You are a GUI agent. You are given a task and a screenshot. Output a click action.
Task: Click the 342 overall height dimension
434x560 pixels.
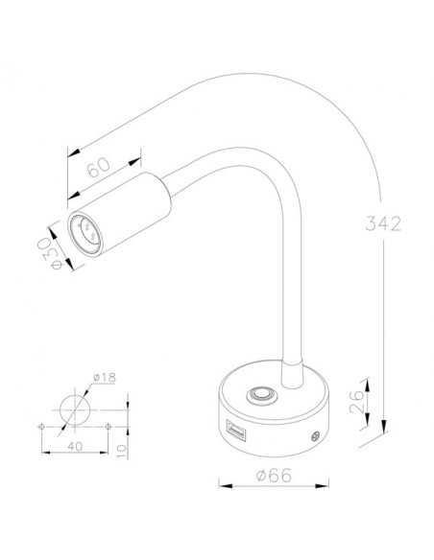tap(383, 223)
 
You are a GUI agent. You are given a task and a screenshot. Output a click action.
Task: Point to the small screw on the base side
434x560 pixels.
tap(314, 436)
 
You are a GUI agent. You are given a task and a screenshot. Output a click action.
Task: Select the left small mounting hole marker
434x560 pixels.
tap(40, 424)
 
